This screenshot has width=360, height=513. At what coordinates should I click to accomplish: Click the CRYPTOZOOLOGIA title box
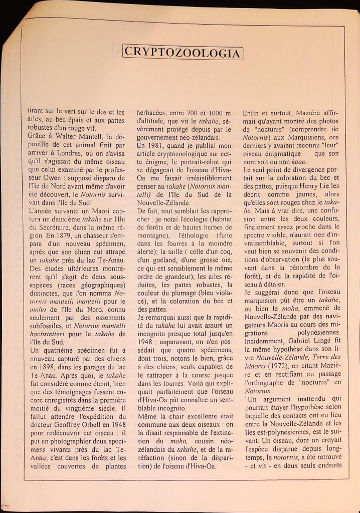point(183,52)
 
